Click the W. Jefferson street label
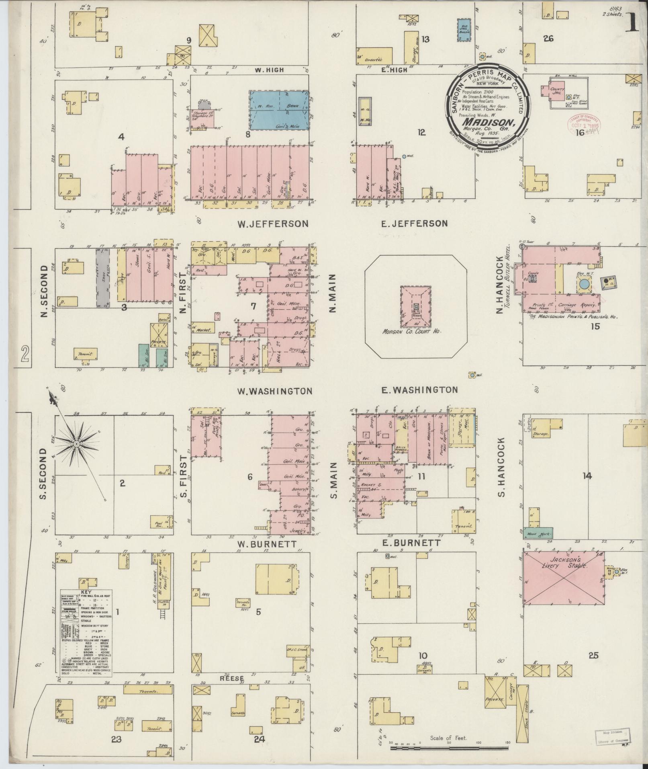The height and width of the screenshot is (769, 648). coord(273,224)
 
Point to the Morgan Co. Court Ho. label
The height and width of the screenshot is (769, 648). coord(415,332)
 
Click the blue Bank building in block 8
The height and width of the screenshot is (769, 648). coord(279,110)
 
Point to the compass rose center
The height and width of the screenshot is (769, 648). coord(76,443)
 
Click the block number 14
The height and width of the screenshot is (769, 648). coord(587,476)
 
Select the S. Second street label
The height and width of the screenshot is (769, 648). coord(43,474)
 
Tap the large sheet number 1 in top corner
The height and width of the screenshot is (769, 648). coord(633,23)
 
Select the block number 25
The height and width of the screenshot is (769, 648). coord(593,656)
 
